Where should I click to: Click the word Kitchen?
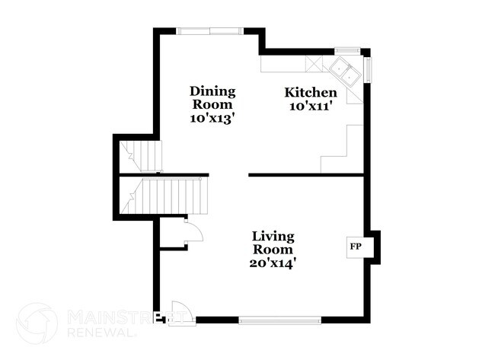pyautogui.click(x=311, y=93)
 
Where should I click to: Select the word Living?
pyautogui.click(x=273, y=237)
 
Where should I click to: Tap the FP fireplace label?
pyautogui.click(x=355, y=247)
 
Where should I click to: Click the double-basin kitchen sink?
pyautogui.click(x=347, y=72)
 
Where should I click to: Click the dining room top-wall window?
pyautogui.click(x=211, y=31)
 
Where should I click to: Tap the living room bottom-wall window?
pyautogui.click(x=280, y=320)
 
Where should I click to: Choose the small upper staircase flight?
pyautogui.click(x=144, y=156)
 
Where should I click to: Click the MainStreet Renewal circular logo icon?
pyautogui.click(x=37, y=323)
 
